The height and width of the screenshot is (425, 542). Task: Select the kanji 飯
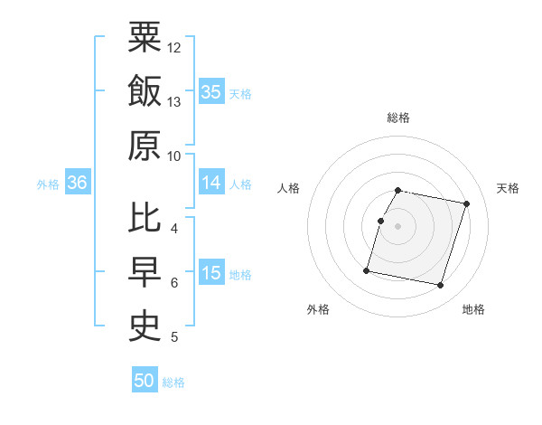tap(145, 91)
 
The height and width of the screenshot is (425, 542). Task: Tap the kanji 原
tap(145, 146)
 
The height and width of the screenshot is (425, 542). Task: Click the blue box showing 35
tap(211, 91)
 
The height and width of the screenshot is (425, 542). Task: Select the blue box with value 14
tap(211, 183)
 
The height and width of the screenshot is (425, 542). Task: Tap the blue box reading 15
tap(211, 273)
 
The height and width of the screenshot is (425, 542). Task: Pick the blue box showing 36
tap(77, 183)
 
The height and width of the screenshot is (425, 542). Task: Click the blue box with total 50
tap(145, 381)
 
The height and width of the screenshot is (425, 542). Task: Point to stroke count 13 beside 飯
tap(175, 102)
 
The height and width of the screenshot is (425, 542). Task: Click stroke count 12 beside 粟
tap(175, 47)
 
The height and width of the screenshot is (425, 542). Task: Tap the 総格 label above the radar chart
tap(398, 118)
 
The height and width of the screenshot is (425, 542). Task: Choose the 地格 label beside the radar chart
tap(473, 309)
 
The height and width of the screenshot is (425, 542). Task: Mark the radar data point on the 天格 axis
tap(466, 204)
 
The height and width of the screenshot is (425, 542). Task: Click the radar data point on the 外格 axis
tap(367, 270)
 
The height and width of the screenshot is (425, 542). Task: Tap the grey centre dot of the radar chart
tap(398, 226)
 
